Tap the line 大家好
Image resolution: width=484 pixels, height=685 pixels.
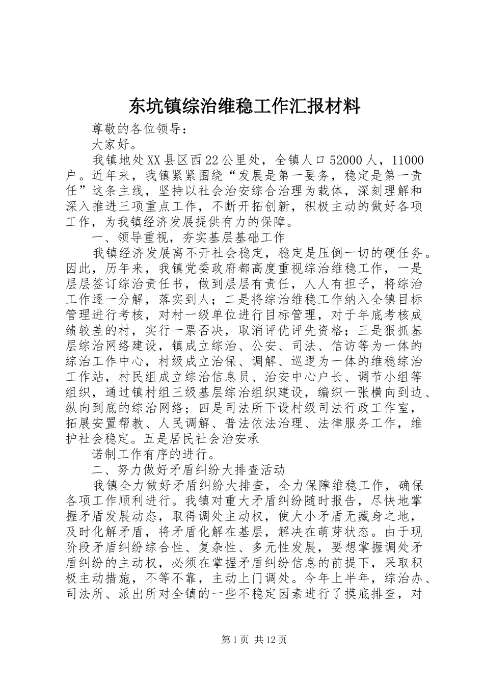pos(111,145)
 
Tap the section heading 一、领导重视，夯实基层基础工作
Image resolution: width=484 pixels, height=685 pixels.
pos(189,238)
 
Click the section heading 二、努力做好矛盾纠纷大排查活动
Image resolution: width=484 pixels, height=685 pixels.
pos(189,469)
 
